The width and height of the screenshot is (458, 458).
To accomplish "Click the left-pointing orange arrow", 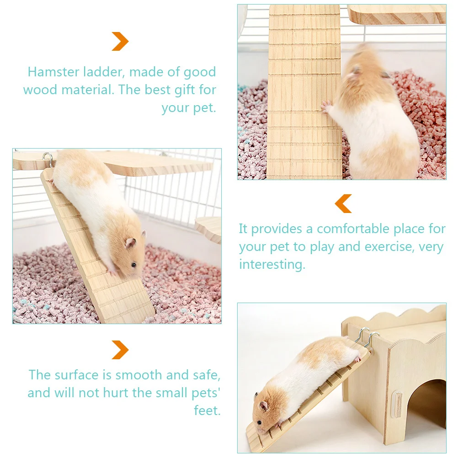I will pos(343,203).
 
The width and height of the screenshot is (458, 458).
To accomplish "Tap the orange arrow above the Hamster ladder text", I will pos(120,42).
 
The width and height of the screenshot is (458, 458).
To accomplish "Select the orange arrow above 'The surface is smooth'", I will pos(120,350).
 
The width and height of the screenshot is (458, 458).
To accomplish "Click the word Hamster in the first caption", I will pos(51,72).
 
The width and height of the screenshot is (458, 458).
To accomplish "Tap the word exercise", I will pos(390,247).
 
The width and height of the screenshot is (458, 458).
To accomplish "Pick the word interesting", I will pos(272,265).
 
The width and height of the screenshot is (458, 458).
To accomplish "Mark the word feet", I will pos(207,410).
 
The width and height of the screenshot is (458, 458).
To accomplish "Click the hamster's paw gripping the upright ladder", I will pos(325,107).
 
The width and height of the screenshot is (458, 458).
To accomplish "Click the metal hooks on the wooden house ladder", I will pos(366,339).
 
